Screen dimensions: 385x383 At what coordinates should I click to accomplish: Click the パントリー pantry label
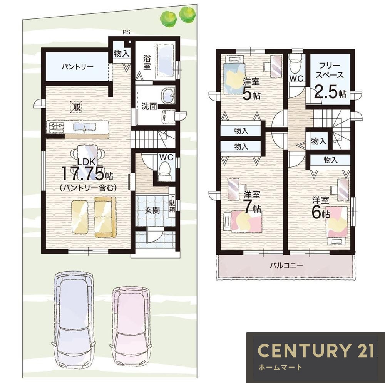click(x=77, y=67)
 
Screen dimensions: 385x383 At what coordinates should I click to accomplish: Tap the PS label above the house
click(x=126, y=32)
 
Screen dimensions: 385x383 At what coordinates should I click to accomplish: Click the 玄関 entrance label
click(x=152, y=210)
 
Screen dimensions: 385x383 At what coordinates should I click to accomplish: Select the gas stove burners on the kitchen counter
click(x=57, y=126)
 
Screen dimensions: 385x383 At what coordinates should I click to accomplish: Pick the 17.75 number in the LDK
click(x=82, y=173)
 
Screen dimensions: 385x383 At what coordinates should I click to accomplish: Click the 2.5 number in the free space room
click(x=326, y=92)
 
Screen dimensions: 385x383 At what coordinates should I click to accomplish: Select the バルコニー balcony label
click(x=286, y=265)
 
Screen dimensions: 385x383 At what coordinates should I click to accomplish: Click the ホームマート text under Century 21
click(x=280, y=368)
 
